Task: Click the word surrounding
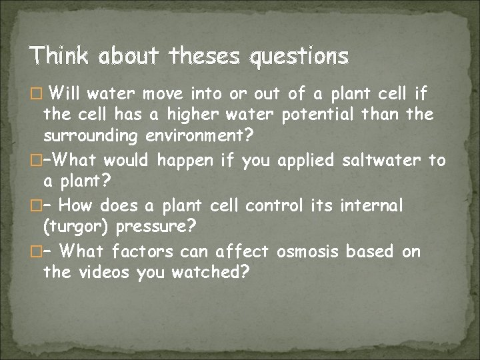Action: tap(88, 137)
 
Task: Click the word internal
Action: tap(372, 205)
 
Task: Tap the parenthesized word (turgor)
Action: tap(76, 228)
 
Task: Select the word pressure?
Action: tap(156, 228)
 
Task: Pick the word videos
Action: tap(107, 273)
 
